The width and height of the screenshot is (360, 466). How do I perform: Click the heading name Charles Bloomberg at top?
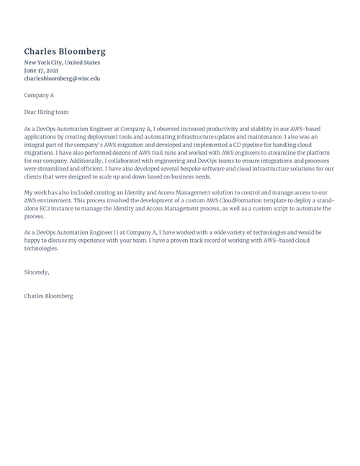(x=65, y=52)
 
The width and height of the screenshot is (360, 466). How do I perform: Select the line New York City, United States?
(x=62, y=63)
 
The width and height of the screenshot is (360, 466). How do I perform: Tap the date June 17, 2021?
(x=41, y=71)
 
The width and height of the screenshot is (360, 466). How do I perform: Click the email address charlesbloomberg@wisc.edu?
(x=62, y=79)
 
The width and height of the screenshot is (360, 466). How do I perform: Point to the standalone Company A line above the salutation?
(x=39, y=95)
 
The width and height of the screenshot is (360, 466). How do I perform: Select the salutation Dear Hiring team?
(x=47, y=112)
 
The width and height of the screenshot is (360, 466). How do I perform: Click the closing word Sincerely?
(x=37, y=272)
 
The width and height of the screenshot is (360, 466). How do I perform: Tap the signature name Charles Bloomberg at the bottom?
(x=48, y=296)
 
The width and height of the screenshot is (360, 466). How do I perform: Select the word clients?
(x=34, y=176)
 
